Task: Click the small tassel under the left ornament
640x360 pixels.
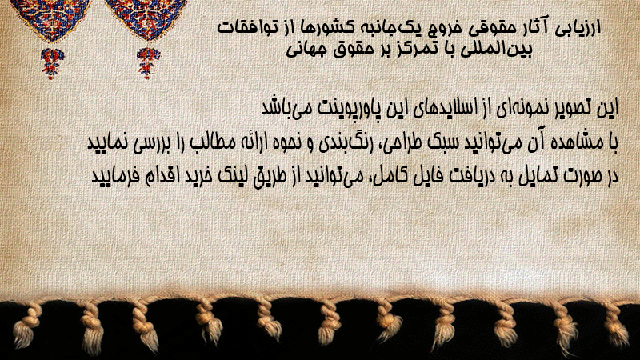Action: (52, 63)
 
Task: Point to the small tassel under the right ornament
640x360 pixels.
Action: (148, 63)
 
